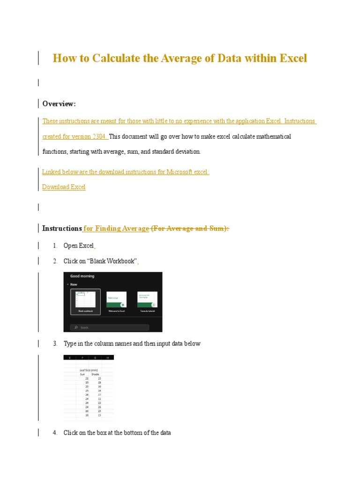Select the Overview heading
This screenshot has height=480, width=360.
click(x=59, y=104)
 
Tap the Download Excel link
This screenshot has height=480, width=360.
click(x=64, y=187)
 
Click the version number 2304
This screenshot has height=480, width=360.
click(x=99, y=136)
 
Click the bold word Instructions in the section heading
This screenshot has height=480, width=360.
click(x=62, y=228)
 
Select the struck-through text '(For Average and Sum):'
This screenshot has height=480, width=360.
click(x=190, y=228)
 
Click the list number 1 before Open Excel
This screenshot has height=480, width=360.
click(x=55, y=246)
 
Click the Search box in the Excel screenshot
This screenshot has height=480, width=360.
click(x=110, y=328)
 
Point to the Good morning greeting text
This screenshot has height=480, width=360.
click(x=82, y=276)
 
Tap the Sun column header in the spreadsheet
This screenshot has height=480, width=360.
click(x=83, y=375)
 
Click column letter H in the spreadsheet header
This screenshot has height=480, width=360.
click(x=107, y=358)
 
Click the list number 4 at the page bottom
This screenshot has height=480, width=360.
click(x=55, y=433)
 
